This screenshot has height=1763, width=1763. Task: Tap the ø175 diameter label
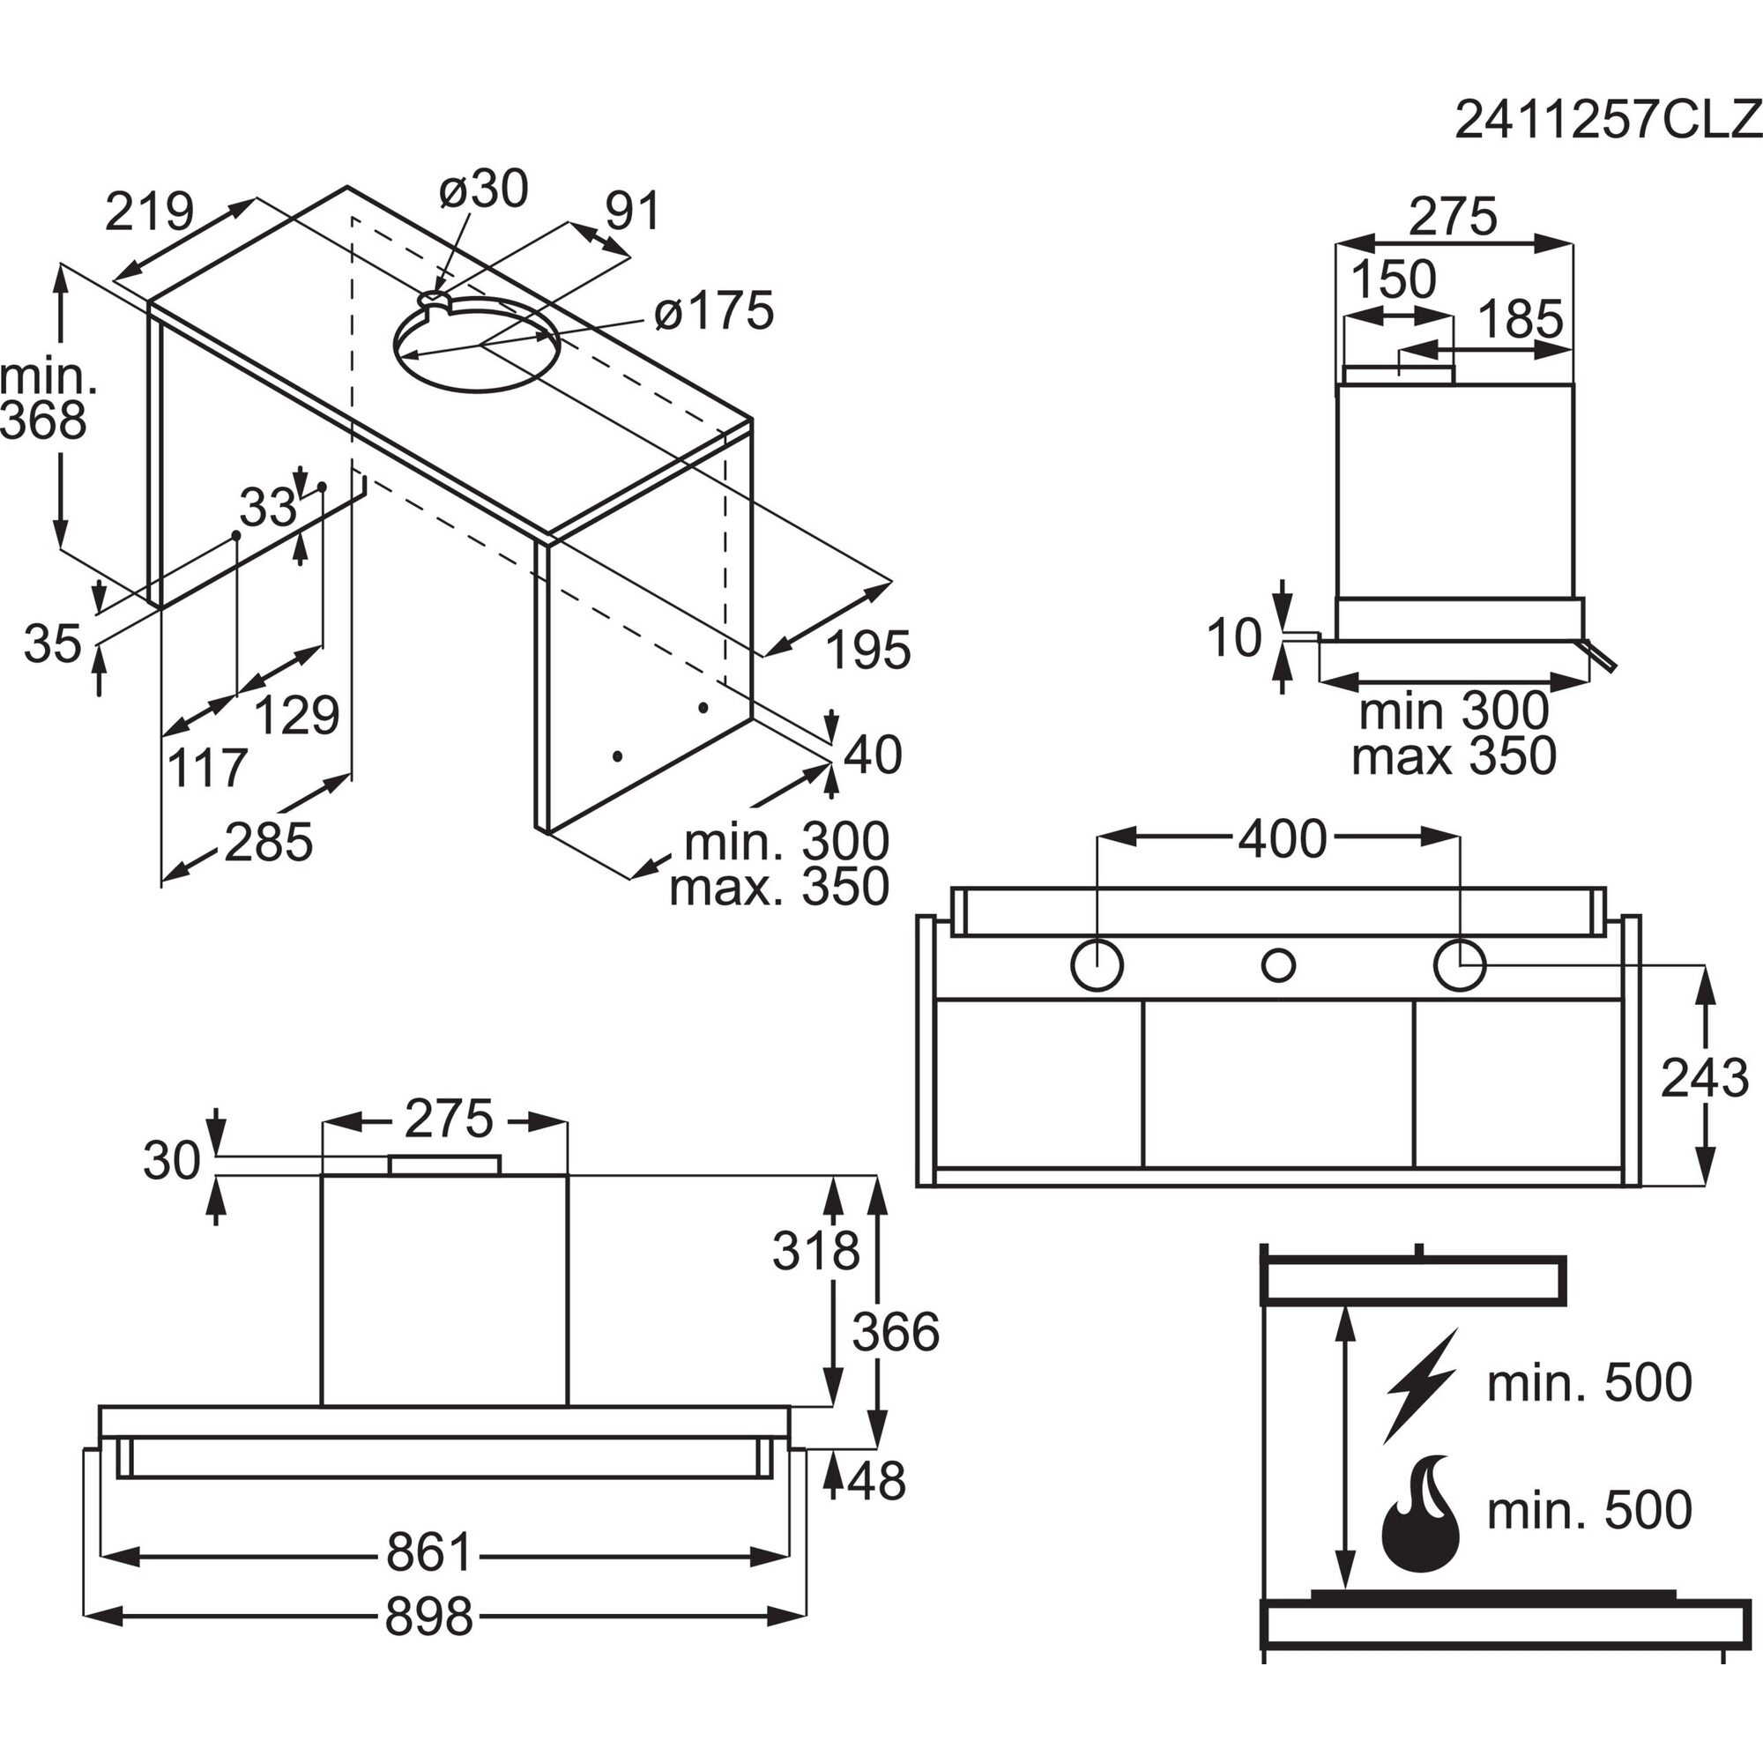click(714, 311)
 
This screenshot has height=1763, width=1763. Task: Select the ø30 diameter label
click(483, 190)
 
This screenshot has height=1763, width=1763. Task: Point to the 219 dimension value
click(150, 212)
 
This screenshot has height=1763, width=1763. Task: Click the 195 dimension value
click(867, 651)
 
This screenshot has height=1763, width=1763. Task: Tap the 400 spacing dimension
click(1281, 838)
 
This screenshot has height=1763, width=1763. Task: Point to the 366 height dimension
click(896, 1332)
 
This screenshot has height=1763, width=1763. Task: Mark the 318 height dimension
click(815, 1250)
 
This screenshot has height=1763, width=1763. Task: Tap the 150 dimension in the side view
click(1393, 280)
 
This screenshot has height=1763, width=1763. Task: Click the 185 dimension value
click(1520, 319)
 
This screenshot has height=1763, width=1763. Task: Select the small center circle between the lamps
click(1277, 964)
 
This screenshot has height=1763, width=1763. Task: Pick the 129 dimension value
click(295, 715)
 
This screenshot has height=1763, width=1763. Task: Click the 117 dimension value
click(207, 768)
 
